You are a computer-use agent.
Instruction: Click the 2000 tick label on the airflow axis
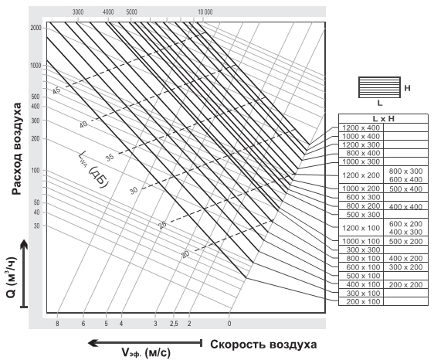(x=36, y=28)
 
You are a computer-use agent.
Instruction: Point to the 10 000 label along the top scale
(x=205, y=12)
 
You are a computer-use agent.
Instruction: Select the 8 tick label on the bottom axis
(x=57, y=324)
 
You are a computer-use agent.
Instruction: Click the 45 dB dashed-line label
(x=56, y=90)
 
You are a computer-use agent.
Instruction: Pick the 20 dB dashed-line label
(x=185, y=254)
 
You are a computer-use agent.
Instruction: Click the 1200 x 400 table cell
(x=361, y=127)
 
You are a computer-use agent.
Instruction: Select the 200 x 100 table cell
(x=361, y=301)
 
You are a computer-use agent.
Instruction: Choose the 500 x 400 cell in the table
(x=405, y=188)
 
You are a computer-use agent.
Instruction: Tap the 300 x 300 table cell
(x=361, y=250)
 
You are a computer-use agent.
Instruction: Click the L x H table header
(x=383, y=118)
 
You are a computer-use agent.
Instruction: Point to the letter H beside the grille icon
(x=407, y=88)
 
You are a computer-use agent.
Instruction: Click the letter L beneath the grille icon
(x=380, y=104)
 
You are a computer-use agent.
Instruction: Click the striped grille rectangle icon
(x=379, y=87)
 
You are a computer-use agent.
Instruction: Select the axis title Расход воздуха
(x=17, y=148)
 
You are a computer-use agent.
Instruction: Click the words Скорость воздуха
(x=263, y=345)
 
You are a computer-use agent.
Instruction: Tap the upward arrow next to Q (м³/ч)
(x=25, y=273)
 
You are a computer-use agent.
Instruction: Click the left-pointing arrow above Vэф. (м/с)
(x=144, y=343)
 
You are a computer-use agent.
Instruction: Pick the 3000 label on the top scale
(x=78, y=12)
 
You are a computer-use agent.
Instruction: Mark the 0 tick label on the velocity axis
(x=229, y=324)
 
